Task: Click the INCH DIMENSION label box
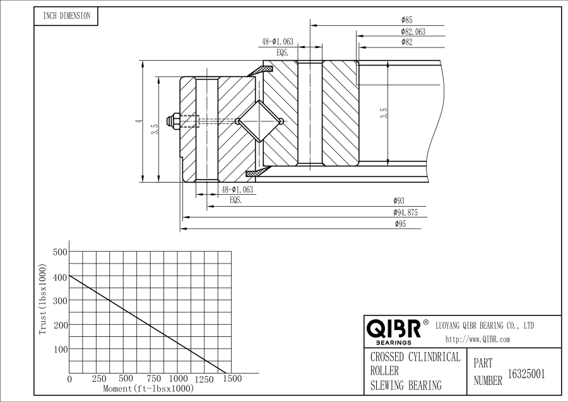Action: [66, 16]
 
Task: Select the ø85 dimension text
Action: [406, 21]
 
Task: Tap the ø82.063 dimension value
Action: [413, 32]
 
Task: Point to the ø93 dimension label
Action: [398, 202]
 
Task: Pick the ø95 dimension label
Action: [399, 224]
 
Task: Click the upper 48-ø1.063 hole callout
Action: [277, 42]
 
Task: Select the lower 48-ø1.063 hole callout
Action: [237, 189]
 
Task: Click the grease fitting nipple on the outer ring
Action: [171, 119]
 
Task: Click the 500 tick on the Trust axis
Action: [59, 252]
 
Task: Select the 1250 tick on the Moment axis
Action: [204, 379]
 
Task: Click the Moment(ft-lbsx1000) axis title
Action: [148, 388]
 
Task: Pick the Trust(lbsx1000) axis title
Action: [43, 300]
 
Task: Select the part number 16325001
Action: [526, 374]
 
